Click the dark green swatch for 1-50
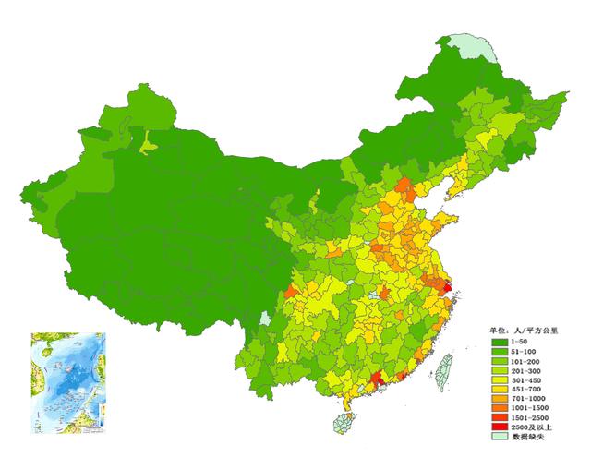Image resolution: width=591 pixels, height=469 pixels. pos(499,342)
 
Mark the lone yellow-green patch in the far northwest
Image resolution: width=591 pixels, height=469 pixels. pos(147,142)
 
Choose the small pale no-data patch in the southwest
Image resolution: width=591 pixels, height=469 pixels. pos(266,319)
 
